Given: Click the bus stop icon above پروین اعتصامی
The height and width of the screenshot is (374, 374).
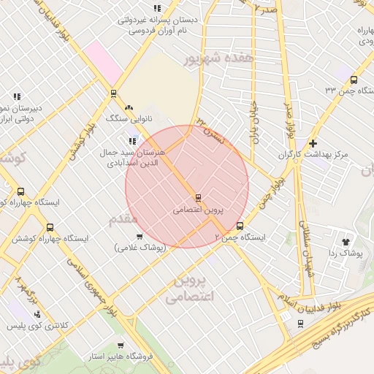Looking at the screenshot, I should point(198,197).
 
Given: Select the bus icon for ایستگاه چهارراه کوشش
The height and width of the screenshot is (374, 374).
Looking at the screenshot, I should point(50,228).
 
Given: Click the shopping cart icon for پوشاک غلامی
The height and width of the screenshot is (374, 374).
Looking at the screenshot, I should point(139,236).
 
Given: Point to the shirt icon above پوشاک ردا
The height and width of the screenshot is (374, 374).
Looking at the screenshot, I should point(346,240).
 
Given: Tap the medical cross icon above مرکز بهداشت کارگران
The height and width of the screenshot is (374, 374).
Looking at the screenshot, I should point(313,143).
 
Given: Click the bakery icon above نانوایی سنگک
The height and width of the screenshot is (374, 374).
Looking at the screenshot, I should point(129,107).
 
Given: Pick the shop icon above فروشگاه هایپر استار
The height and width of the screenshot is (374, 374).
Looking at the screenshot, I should point(120,346).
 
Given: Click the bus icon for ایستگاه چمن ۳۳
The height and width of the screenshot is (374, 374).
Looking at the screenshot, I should point(354,80).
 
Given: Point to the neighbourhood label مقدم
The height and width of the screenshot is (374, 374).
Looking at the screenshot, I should point(123,219).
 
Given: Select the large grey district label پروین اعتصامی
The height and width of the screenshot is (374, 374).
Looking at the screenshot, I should point(188,289).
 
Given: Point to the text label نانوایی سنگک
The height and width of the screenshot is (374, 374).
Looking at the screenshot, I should point(127,118).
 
